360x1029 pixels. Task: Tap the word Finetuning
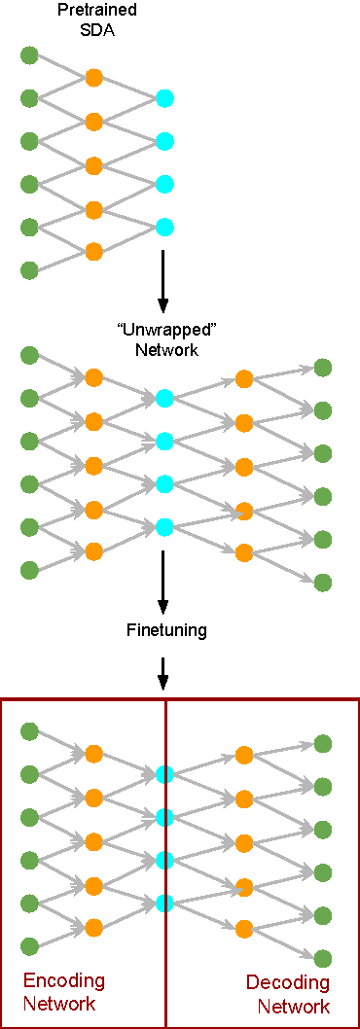pyautogui.click(x=166, y=630)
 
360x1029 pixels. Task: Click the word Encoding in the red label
pyautogui.click(x=63, y=979)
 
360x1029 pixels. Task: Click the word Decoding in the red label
pyautogui.click(x=287, y=982)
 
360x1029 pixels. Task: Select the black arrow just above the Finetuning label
pyautogui.click(x=163, y=579)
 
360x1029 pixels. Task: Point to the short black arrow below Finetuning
pyautogui.click(x=163, y=671)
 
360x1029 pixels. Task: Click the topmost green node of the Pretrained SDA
pyautogui.click(x=29, y=54)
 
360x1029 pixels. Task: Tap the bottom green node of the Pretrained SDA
pyautogui.click(x=29, y=269)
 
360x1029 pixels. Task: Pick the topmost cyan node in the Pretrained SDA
pyautogui.click(x=164, y=97)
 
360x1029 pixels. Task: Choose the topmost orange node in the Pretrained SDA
pyautogui.click(x=93, y=77)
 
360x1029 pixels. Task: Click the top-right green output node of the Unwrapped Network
pyautogui.click(x=323, y=368)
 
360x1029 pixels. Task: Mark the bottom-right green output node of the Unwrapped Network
pyautogui.click(x=323, y=582)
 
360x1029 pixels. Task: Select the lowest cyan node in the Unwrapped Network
pyautogui.click(x=164, y=527)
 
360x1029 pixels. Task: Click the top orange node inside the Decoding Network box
pyautogui.click(x=243, y=755)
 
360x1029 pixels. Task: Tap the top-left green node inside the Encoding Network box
pyautogui.click(x=29, y=731)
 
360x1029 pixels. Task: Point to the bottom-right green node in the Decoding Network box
pyautogui.click(x=323, y=958)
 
